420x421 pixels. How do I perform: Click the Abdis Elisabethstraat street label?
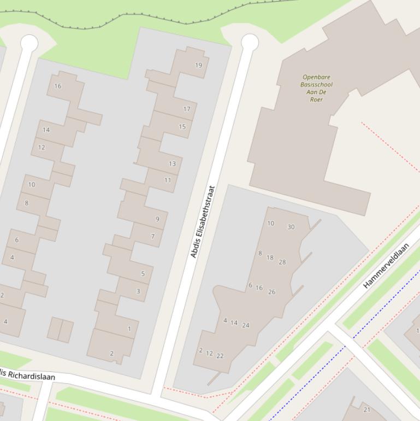203,222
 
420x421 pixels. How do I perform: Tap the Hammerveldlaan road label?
386,266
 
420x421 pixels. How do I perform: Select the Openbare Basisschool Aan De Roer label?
316,88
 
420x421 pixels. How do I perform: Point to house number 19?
198,65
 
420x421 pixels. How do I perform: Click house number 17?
187,109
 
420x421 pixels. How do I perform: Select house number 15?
182,127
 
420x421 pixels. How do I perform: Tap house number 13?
173,163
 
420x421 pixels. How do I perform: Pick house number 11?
168,180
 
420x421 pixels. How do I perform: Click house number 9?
157,219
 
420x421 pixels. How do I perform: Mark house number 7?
153,237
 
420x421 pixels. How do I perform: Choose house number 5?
143,274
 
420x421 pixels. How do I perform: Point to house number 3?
138,291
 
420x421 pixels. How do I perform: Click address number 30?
291,227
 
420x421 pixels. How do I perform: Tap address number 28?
282,262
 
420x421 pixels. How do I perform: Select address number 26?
272,292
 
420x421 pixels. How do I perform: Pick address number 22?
220,356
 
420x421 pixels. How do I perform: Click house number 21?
366,410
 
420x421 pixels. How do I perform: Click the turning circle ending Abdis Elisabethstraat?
250,42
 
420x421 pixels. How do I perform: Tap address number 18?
270,258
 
